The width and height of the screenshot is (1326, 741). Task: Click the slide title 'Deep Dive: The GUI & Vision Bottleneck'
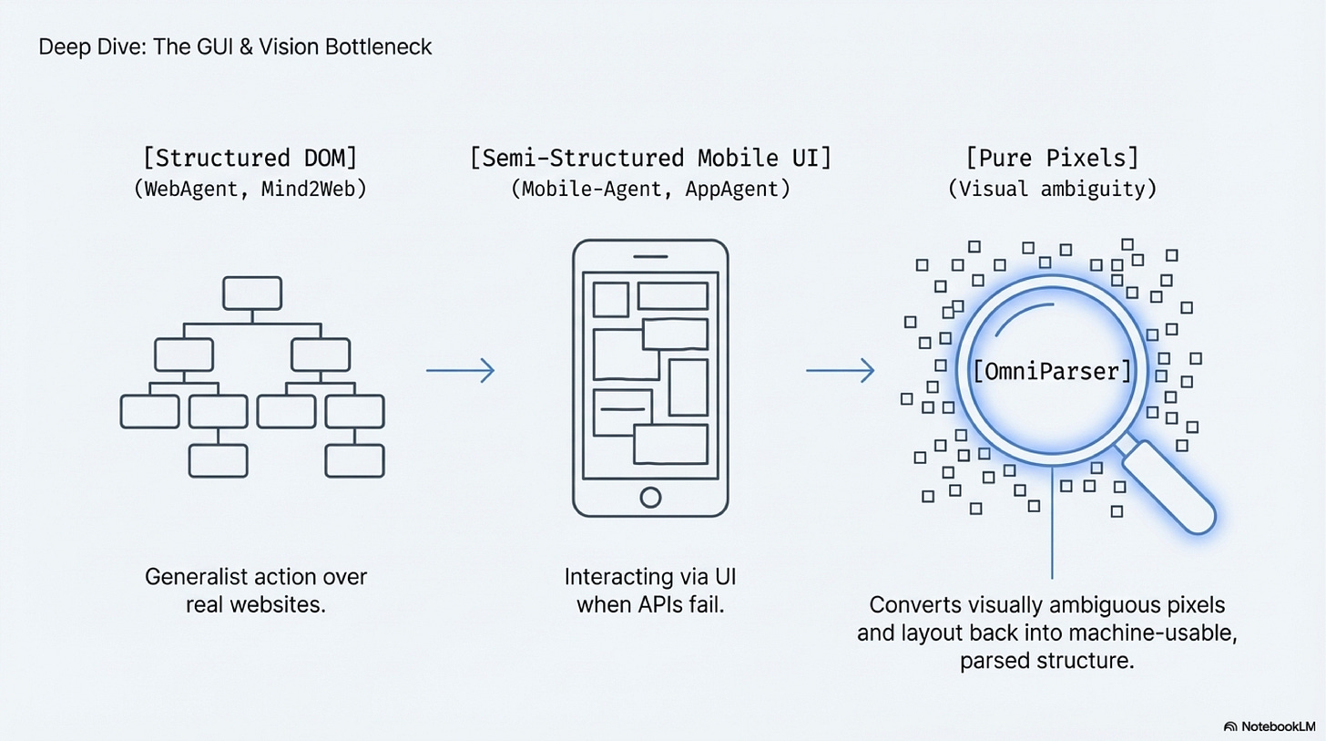coord(235,46)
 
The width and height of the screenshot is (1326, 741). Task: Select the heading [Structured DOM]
coord(250,158)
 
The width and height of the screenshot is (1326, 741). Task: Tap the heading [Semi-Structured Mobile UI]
coord(650,158)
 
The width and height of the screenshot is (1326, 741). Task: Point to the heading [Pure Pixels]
coord(1052,158)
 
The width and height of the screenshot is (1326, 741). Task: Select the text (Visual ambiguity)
coord(1052,191)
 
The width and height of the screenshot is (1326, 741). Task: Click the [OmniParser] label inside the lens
coord(1053,372)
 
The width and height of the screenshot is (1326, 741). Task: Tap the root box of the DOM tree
coord(252,293)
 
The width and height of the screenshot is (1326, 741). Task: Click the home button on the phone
coord(650,497)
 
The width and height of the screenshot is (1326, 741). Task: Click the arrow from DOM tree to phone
coord(461,370)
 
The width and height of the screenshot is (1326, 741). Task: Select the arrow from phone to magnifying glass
coord(841,370)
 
